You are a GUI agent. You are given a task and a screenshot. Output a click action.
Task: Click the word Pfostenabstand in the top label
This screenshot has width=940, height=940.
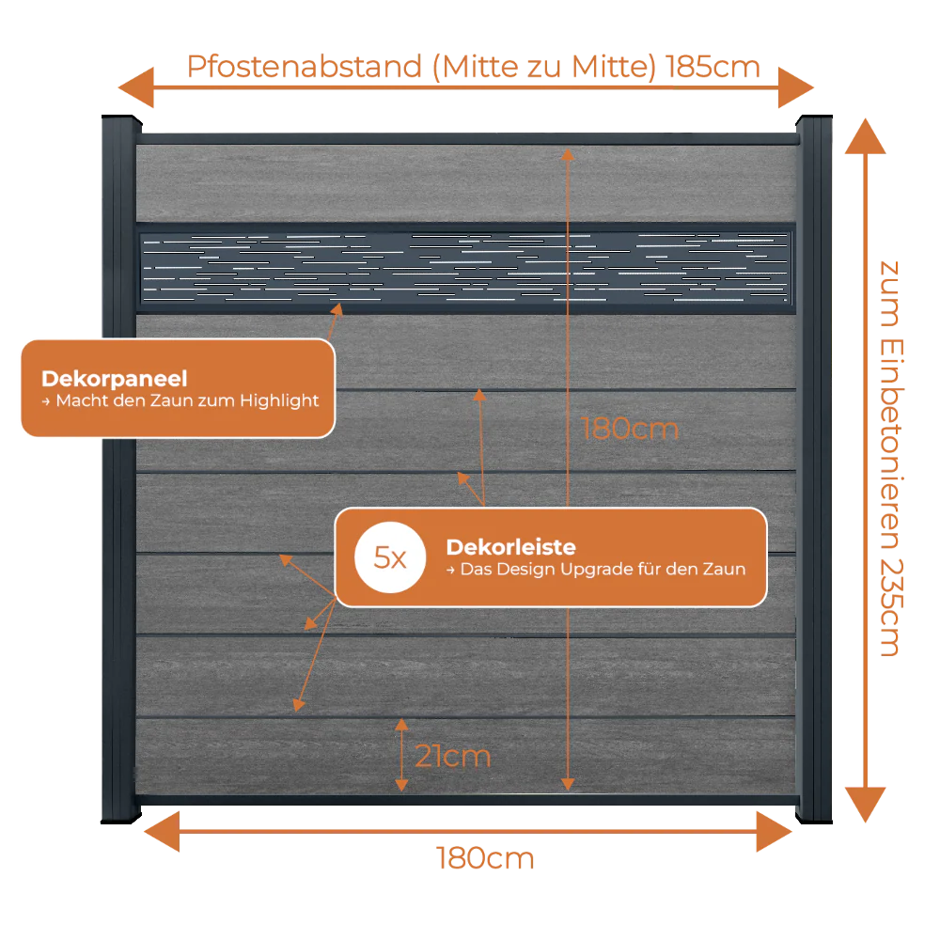(x=305, y=67)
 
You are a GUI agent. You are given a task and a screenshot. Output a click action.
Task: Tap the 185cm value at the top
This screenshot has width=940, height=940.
(x=713, y=67)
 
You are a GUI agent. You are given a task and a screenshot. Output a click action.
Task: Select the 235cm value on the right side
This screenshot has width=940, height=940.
(x=891, y=607)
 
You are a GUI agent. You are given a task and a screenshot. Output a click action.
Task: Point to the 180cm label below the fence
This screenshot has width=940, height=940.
(x=485, y=858)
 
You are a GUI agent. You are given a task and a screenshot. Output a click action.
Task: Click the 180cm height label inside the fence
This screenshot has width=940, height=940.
(x=630, y=430)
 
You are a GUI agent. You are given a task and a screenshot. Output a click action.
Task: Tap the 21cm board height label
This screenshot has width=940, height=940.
(x=453, y=756)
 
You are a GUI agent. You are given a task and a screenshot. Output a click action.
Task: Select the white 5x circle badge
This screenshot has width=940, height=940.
(x=390, y=557)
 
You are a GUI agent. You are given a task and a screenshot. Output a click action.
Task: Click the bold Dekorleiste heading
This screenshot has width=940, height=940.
(x=510, y=547)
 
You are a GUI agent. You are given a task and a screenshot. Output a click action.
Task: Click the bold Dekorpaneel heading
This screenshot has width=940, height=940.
(x=115, y=379)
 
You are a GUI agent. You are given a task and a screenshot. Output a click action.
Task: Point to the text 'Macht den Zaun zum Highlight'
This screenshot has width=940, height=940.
(x=187, y=400)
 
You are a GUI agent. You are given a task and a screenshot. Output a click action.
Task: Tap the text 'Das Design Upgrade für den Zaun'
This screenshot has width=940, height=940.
(x=603, y=569)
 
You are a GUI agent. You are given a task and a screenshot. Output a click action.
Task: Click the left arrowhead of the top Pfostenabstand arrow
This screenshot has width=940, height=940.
(x=136, y=87)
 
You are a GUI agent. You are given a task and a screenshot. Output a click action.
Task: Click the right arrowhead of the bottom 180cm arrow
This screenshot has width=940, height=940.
(x=774, y=832)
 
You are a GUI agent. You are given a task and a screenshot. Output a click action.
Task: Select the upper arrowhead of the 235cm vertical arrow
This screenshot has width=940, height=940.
(x=865, y=136)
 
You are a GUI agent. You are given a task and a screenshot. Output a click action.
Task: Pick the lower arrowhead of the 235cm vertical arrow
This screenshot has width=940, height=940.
(x=865, y=805)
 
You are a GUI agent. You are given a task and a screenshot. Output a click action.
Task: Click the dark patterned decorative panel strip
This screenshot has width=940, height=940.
(x=466, y=268)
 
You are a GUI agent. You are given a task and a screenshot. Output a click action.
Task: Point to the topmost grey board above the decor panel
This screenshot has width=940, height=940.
(x=466, y=183)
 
